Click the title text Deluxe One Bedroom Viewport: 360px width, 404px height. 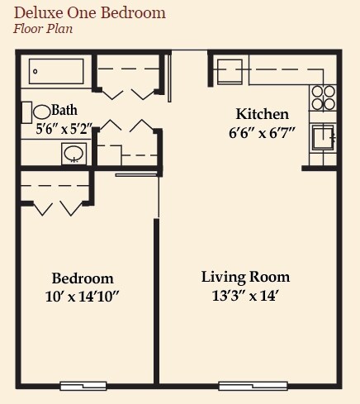coord(89,13)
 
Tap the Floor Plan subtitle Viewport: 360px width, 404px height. coord(43,29)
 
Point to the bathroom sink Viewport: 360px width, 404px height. coord(74,152)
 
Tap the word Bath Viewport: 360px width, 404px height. coord(64,110)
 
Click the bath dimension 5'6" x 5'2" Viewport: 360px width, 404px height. coord(64,128)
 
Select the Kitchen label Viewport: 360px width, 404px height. coord(263,114)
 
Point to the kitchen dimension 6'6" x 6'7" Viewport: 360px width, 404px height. coord(263,132)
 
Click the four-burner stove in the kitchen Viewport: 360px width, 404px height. coord(323,98)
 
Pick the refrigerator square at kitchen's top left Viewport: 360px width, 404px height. coord(230,70)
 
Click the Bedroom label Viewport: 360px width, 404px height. coord(83,278)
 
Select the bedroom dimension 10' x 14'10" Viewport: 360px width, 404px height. coord(83,296)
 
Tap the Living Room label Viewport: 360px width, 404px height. coord(246,276)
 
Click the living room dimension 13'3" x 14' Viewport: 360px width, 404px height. coord(246,294)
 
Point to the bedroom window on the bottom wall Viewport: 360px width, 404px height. coord(83,385)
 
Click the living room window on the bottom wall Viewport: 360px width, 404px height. coord(253,385)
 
